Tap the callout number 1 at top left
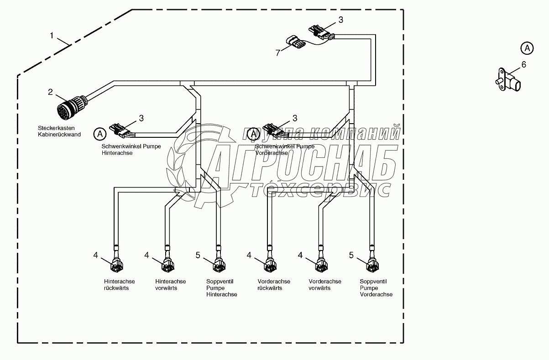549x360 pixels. (52, 35)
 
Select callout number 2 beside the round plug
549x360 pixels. (51, 92)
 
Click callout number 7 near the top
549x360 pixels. (277, 53)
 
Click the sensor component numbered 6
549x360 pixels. (507, 82)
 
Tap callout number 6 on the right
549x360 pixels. (523, 65)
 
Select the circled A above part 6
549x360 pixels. (527, 47)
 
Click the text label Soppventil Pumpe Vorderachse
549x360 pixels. (376, 288)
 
